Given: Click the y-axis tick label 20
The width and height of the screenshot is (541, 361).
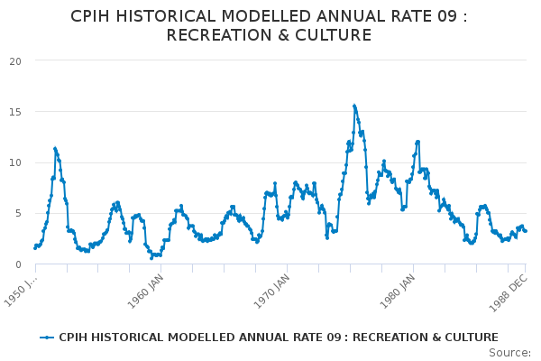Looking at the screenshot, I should pos(15,61).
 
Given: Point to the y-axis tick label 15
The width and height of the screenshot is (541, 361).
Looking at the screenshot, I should pos(15,112).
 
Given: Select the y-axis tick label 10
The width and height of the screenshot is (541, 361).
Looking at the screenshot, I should pos(15,162).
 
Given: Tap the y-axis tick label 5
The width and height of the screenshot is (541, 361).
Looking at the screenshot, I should pos(18,214).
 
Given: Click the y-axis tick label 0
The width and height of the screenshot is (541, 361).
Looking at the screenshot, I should pos(18,264).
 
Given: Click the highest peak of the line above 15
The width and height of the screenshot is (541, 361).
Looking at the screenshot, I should pos(354,106).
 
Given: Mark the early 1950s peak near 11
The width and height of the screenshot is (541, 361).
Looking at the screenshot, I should pos(55,148).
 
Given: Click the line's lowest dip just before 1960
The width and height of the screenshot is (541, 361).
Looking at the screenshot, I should pos(151,258).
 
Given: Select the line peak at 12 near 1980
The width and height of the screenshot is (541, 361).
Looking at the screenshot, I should pos(417,142).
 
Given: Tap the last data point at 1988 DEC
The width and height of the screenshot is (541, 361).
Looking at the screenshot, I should pos(526,231).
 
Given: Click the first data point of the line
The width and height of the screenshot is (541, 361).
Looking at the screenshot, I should pos(35,247).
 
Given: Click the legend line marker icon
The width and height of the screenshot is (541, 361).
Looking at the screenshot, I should pos(47,338).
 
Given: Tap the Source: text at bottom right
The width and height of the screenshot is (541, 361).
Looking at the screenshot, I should pos(509,352).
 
